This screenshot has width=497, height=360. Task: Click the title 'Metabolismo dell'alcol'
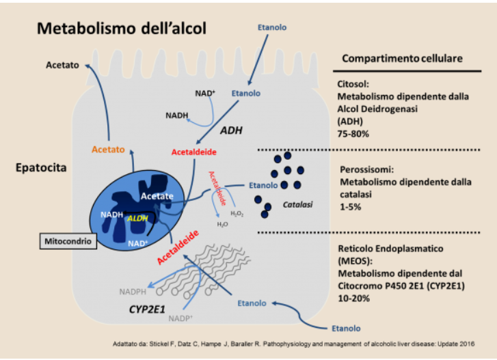tap(122, 28)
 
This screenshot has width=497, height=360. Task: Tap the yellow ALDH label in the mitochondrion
tap(137, 218)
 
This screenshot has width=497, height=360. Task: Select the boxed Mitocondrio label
tap(68, 241)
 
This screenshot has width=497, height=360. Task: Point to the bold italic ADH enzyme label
tap(231, 130)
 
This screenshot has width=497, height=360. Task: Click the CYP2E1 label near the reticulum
tap(147, 309)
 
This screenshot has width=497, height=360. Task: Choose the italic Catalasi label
tap(297, 204)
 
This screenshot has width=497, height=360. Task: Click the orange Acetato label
tap(108, 150)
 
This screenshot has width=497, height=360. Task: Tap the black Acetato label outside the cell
tap(62, 65)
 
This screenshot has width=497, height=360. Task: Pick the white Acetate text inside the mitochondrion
tap(157, 196)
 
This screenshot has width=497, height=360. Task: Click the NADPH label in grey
tap(133, 292)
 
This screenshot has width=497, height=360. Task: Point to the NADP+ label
tap(180, 318)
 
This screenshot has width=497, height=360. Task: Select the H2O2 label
tap(237, 214)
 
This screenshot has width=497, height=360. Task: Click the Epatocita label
tap(41, 167)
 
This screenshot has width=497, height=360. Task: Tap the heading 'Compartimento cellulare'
tap(402, 58)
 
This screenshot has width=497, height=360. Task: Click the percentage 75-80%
tap(353, 134)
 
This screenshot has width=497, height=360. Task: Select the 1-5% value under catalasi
tap(351, 207)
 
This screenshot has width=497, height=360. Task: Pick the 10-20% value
tap(353, 299)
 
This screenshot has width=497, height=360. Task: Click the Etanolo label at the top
tap(272, 27)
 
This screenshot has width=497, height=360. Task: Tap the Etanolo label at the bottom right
tap(346, 329)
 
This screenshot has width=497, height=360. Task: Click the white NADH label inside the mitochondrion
tap(111, 214)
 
